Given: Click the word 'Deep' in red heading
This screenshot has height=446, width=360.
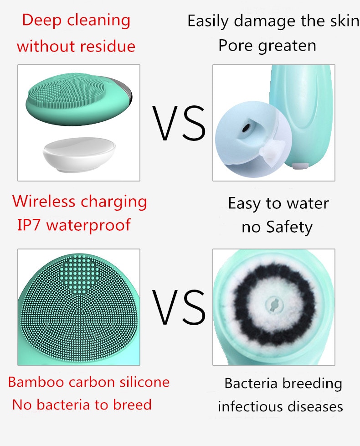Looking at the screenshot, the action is click(41, 21).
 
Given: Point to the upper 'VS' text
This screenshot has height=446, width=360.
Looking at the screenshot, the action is click(179, 123).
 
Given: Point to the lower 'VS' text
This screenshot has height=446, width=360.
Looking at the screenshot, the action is click(179, 307).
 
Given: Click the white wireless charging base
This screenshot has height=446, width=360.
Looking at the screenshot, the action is click(79, 155).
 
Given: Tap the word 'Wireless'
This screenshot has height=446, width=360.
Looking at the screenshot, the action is click(43, 201).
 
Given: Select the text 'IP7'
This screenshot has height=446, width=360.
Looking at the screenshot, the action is click(29, 225).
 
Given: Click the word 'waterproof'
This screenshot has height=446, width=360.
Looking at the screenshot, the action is click(88, 226).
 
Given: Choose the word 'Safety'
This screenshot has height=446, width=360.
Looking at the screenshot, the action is click(289, 228).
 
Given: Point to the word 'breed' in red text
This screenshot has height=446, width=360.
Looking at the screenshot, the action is click(132, 405).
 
